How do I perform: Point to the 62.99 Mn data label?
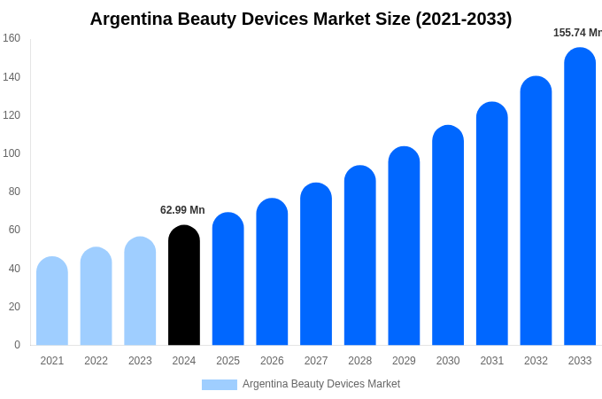click(x=182, y=210)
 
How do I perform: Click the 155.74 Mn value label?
click(x=577, y=33)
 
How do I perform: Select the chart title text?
click(x=301, y=19)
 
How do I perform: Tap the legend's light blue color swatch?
click(x=220, y=385)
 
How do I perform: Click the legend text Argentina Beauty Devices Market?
click(x=321, y=384)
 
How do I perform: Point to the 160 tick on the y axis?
click(x=12, y=38)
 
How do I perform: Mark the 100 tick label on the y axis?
click(x=12, y=153)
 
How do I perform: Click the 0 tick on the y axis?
click(x=17, y=345)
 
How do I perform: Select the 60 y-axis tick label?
click(x=14, y=230)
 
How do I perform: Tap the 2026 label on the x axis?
click(x=272, y=361)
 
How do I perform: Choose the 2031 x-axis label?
click(x=492, y=361)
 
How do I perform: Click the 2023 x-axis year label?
click(x=140, y=361)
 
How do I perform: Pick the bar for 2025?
click(x=228, y=279)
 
